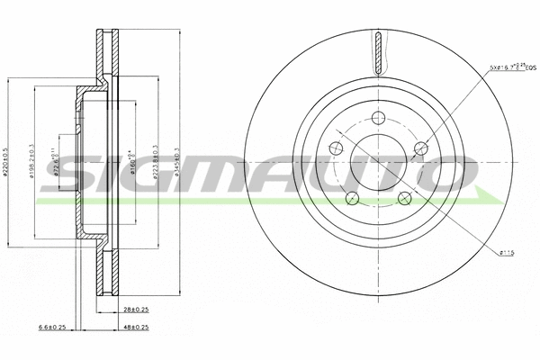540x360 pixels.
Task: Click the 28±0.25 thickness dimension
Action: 136,309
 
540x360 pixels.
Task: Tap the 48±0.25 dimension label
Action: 136,327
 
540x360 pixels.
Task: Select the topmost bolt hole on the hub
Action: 379,115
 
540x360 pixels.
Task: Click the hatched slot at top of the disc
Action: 379,50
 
